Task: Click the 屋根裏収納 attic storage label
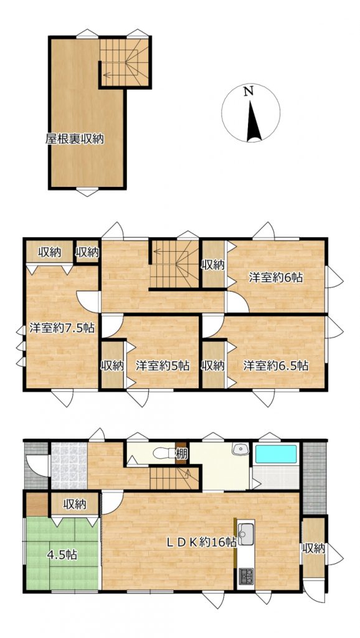pyautogui.click(x=75, y=139)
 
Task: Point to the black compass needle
pyautogui.click(x=253, y=121)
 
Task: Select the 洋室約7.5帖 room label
pyautogui.click(x=62, y=328)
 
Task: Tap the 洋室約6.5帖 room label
pyautogui.click(x=275, y=365)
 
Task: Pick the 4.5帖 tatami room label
pyautogui.click(x=62, y=554)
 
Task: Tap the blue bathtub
pyautogui.click(x=276, y=454)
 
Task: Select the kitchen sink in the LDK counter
pyautogui.click(x=245, y=534)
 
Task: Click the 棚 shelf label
pyautogui.click(x=181, y=452)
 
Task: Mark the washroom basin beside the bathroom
pyautogui.click(x=240, y=449)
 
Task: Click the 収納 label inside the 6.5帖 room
pyautogui.click(x=213, y=365)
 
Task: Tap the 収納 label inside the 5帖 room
pyautogui.click(x=112, y=365)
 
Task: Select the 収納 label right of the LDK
pyautogui.click(x=314, y=548)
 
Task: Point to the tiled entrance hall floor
pyautogui.click(x=69, y=466)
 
